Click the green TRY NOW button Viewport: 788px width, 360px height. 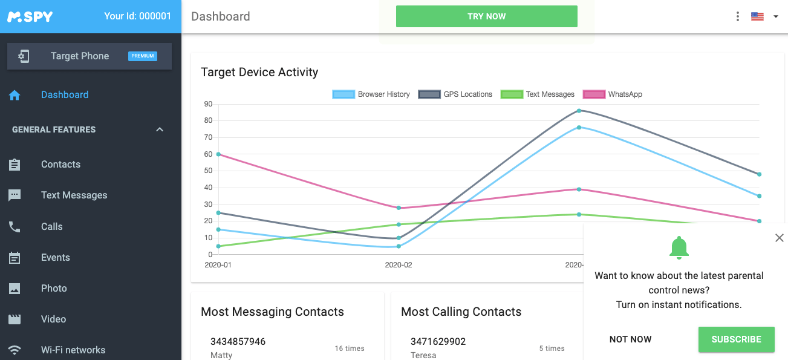click(x=486, y=16)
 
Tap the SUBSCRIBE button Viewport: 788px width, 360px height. click(x=736, y=339)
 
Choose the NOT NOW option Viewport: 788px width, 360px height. click(x=630, y=339)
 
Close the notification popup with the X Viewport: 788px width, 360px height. click(x=779, y=238)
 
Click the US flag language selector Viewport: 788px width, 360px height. click(x=757, y=16)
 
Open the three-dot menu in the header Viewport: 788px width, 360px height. click(x=737, y=16)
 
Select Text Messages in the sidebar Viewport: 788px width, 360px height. click(x=74, y=195)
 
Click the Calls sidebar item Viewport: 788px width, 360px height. click(x=52, y=226)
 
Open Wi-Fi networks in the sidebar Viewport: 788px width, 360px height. click(x=73, y=350)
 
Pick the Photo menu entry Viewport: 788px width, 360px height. click(x=54, y=288)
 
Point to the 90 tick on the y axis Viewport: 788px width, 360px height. click(x=209, y=104)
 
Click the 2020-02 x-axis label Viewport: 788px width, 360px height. click(x=399, y=265)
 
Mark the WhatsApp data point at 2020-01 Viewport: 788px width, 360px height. click(x=218, y=154)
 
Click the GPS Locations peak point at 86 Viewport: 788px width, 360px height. click(x=579, y=111)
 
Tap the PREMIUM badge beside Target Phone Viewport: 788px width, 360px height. click(x=143, y=56)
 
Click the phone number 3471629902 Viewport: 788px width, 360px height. click(x=438, y=341)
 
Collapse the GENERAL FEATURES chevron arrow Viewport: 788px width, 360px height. click(x=160, y=129)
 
